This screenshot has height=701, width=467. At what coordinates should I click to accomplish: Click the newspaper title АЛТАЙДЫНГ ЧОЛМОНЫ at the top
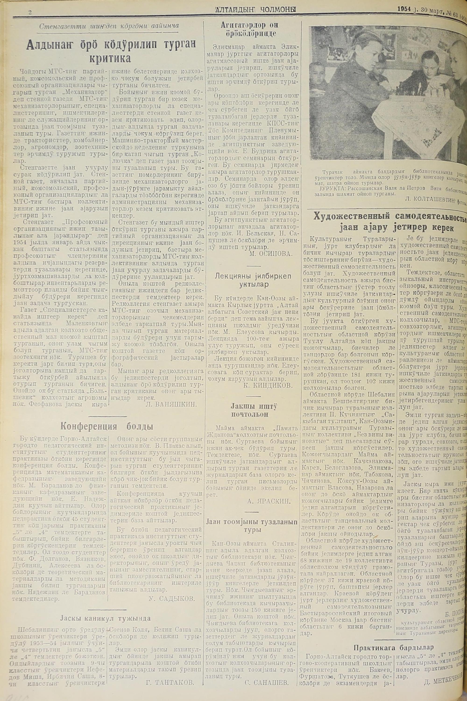click(x=257, y=10)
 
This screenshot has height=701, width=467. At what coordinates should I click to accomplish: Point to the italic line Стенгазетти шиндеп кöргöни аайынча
click(x=109, y=26)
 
